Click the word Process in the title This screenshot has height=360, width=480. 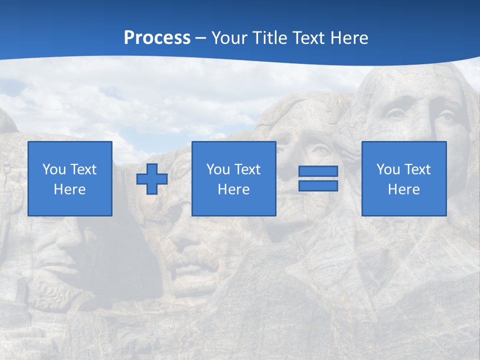pyautogui.click(x=157, y=37)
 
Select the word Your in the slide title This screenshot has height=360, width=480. pyautogui.click(x=228, y=37)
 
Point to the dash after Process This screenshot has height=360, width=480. pyautogui.click(x=200, y=38)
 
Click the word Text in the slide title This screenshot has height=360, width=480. pyautogui.click(x=310, y=37)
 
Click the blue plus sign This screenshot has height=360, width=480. pyautogui.click(x=152, y=178)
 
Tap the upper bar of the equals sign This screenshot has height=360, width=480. pyautogui.click(x=318, y=171)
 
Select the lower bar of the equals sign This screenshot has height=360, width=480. pyautogui.click(x=318, y=185)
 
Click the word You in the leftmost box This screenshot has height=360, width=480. pyautogui.click(x=53, y=169)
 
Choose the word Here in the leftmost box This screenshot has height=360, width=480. pyautogui.click(x=69, y=189)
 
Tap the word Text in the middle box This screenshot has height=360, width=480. pyautogui.click(x=247, y=169)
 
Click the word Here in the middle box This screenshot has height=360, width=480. pyautogui.click(x=233, y=189)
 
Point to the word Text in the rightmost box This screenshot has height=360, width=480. pyautogui.click(x=417, y=169)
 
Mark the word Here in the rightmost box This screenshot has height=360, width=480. pyautogui.click(x=403, y=189)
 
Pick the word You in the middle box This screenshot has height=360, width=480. pyautogui.click(x=217, y=169)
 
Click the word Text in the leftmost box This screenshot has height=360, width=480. pyautogui.click(x=83, y=169)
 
